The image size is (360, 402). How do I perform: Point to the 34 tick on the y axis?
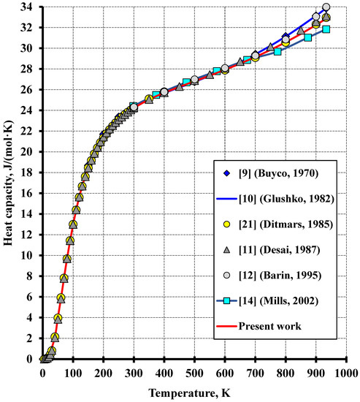pyautogui.click(x=29, y=7)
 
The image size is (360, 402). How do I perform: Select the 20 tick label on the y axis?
pyautogui.click(x=29, y=152)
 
